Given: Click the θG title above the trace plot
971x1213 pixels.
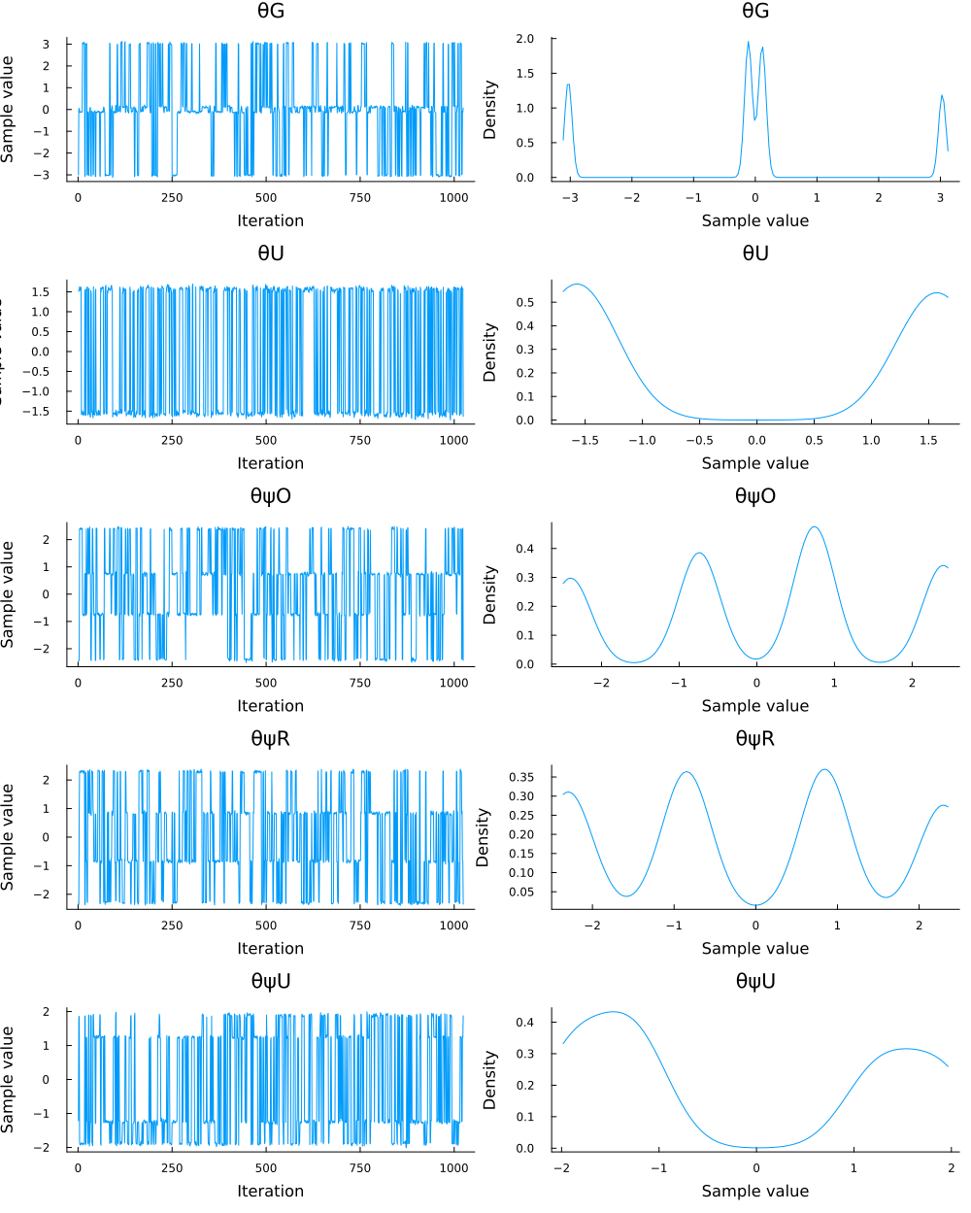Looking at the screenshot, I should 270,11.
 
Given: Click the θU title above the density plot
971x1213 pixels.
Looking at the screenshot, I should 755,253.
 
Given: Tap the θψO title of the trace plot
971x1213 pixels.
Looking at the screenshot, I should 270,496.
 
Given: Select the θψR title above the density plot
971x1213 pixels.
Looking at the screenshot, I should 755,739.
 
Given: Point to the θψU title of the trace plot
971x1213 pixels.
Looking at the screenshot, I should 270,982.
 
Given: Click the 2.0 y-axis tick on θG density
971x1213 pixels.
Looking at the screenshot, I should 525,39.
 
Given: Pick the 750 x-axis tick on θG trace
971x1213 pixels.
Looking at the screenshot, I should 360,197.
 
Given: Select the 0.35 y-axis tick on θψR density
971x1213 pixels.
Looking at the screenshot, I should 521,777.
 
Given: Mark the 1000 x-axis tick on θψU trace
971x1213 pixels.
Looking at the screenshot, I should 453,1168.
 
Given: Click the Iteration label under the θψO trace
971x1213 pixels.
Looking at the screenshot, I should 270,706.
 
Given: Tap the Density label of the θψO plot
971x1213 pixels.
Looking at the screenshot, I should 490,594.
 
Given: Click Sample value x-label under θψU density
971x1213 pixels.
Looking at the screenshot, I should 755,1192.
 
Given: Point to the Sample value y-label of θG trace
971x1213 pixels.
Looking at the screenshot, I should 9,109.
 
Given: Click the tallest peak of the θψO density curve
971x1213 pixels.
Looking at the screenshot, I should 814,527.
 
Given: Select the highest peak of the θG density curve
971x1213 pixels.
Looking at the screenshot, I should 748,42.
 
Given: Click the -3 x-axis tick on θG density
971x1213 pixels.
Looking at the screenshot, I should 570,197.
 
